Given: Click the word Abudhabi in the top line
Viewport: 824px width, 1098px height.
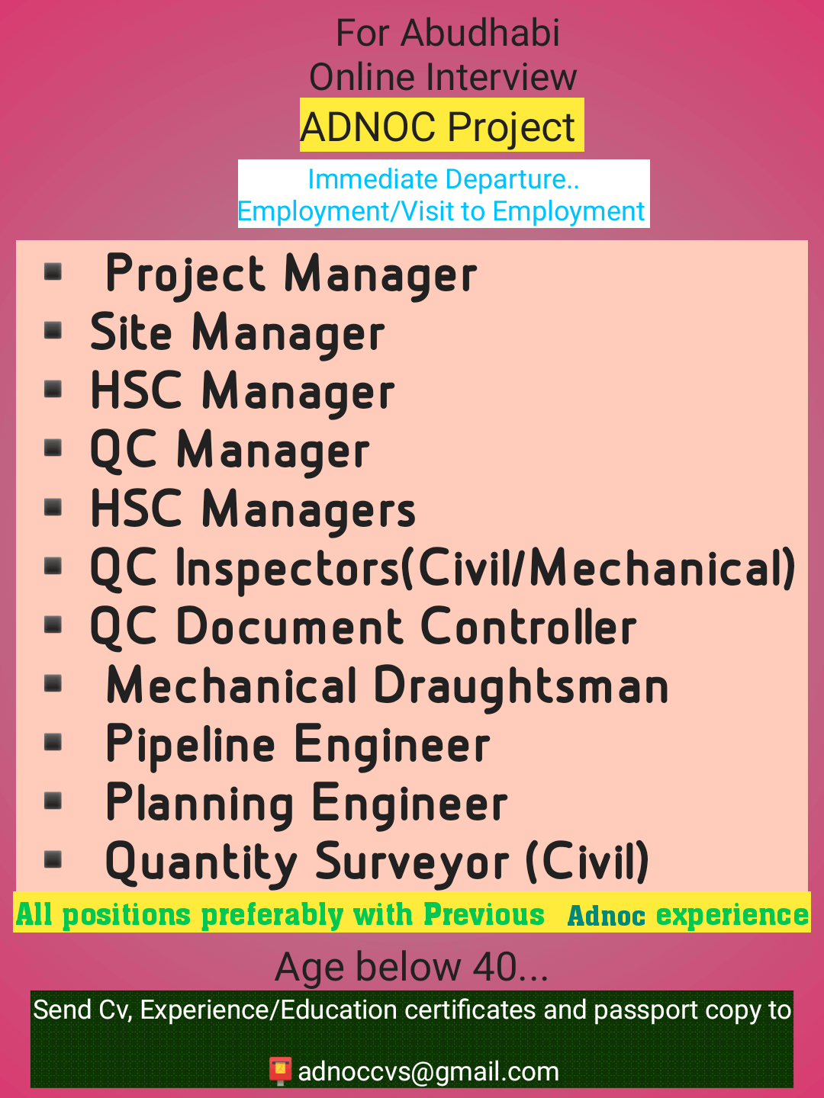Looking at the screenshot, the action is point(480,33).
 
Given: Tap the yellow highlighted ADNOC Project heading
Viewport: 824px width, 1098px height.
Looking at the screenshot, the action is point(442,125).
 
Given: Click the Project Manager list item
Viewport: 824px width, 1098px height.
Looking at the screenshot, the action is point(291,274).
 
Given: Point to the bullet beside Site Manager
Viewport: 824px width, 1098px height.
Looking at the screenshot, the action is point(53,331).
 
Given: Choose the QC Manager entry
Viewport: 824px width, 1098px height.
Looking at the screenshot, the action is point(230,451).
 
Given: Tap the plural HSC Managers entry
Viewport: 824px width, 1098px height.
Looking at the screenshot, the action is point(253,509).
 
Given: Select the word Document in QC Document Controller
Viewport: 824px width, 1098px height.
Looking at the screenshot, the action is point(289,626).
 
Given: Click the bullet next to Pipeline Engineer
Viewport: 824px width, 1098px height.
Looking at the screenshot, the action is point(53,743).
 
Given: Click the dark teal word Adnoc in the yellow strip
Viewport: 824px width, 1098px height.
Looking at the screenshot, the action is point(607,917).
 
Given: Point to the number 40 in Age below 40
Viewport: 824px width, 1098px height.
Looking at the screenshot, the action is point(494,966).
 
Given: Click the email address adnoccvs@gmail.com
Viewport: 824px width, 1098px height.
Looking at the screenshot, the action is point(428,1071).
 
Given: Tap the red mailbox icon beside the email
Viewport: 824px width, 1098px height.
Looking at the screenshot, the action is point(280,1071).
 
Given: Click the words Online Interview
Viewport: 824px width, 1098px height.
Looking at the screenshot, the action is point(443,78).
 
